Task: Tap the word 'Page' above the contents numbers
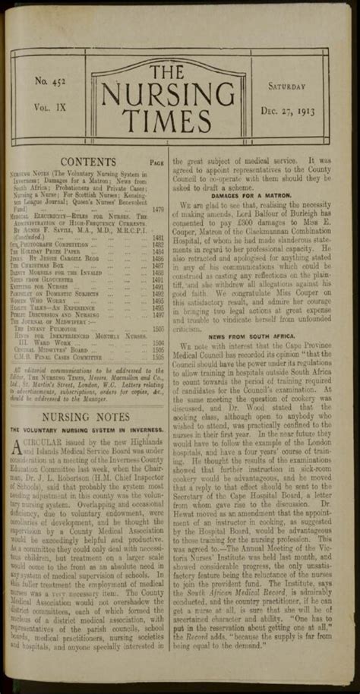click(157, 163)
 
